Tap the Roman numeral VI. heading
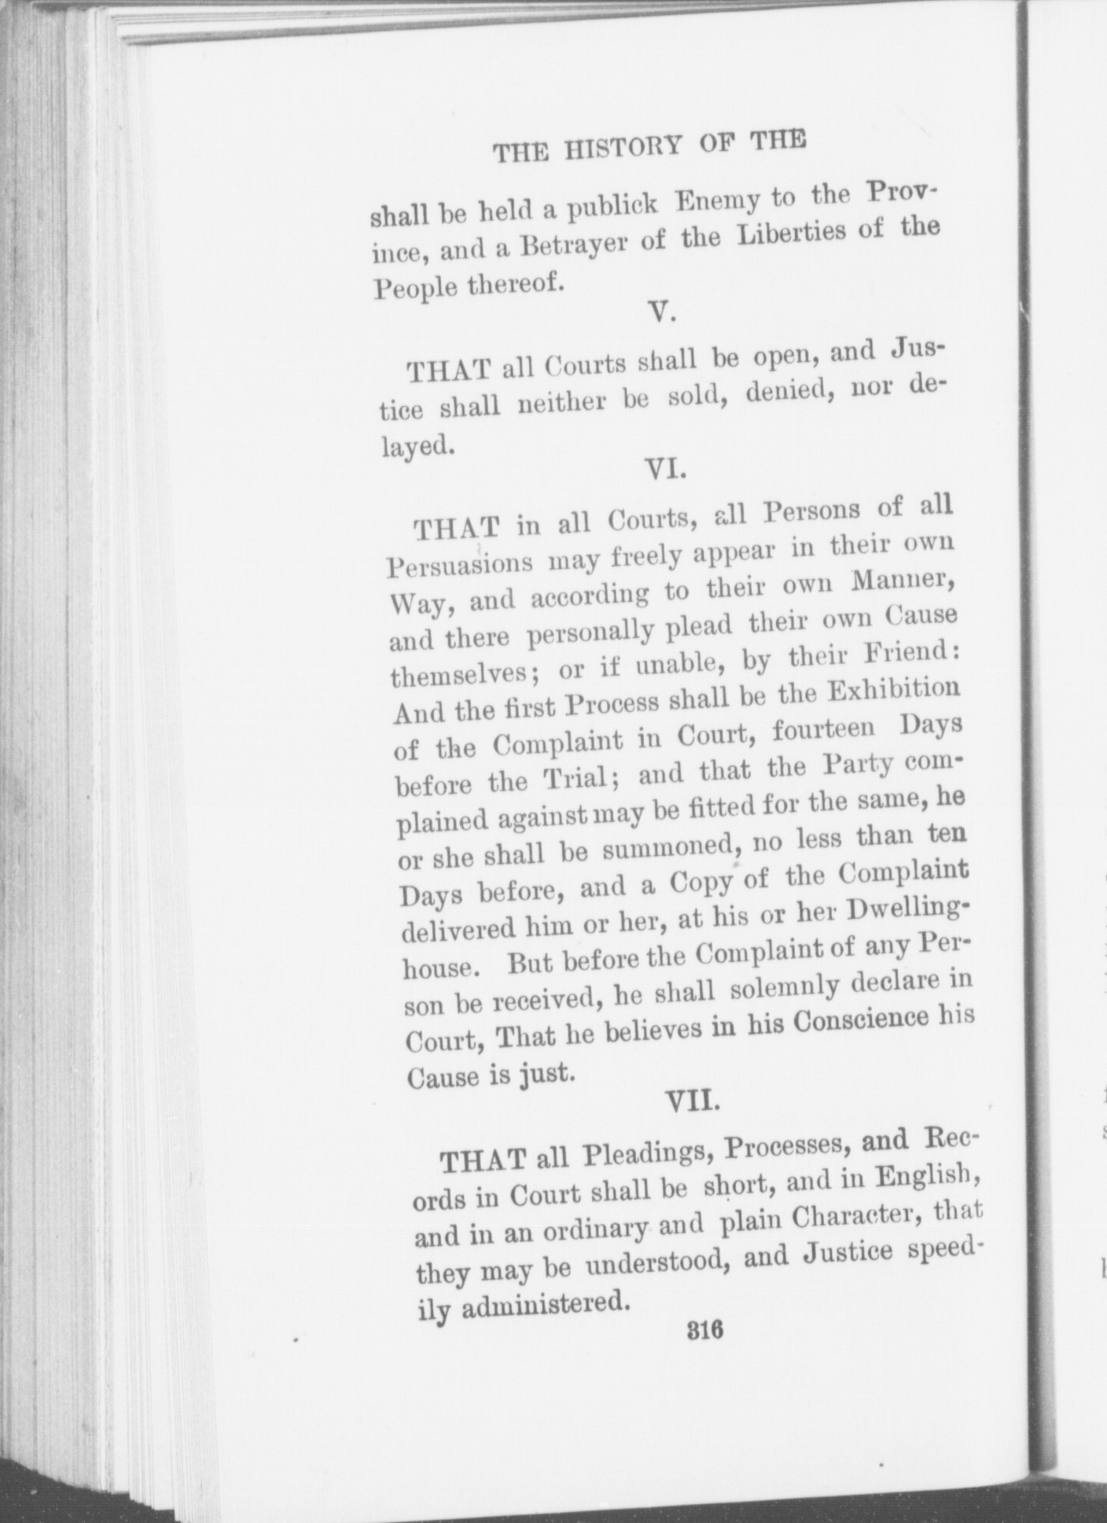(x=668, y=469)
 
